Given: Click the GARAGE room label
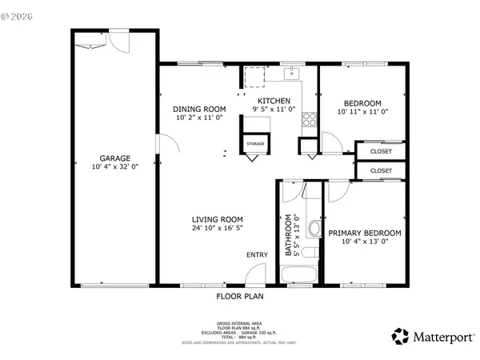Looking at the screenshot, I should click(115, 158).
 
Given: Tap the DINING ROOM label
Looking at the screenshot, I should click(199, 109).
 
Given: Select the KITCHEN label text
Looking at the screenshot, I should click(273, 100).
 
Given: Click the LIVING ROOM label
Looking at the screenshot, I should click(217, 219).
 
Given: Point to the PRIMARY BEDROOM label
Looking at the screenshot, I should click(364, 233).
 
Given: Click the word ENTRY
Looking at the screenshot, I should click(257, 255).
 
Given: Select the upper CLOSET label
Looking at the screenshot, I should click(381, 150).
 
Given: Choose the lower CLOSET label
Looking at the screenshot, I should click(381, 170).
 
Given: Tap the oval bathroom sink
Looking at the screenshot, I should click(313, 232).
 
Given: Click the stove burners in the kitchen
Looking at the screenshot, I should click(309, 121).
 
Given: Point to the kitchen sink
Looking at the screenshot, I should click(293, 74).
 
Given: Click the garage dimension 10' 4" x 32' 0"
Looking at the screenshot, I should click(115, 167).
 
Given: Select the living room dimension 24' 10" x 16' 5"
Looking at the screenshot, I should click(217, 228).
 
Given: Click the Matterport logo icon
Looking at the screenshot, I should click(399, 335).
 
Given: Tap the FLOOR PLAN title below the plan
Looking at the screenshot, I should click(239, 296).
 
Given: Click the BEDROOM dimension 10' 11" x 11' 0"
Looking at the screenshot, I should click(362, 112).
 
